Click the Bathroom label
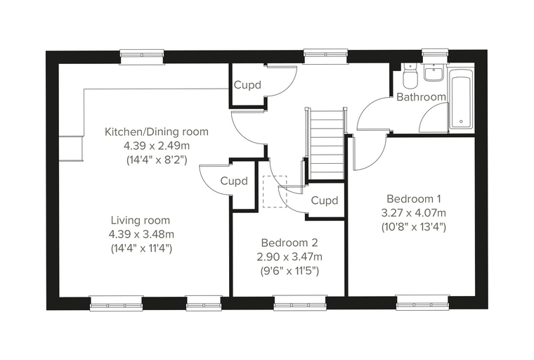click(422, 97)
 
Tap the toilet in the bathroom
click(410, 75)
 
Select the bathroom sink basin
click(433, 72)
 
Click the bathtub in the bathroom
click(461, 99)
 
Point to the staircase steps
click(327, 144)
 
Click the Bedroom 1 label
click(414, 198)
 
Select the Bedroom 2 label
click(289, 243)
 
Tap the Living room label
click(141, 220)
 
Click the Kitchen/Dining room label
click(156, 131)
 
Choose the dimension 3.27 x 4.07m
click(413, 213)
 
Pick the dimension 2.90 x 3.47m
click(289, 257)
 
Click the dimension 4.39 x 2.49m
click(156, 146)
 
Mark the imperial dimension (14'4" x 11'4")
click(141, 248)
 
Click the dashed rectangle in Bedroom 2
click(275, 191)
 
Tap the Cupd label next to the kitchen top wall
click(247, 85)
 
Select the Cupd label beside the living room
click(234, 181)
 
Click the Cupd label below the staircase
click(325, 200)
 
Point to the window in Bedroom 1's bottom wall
click(422, 304)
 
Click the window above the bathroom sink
click(434, 56)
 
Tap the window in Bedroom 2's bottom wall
click(300, 304)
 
